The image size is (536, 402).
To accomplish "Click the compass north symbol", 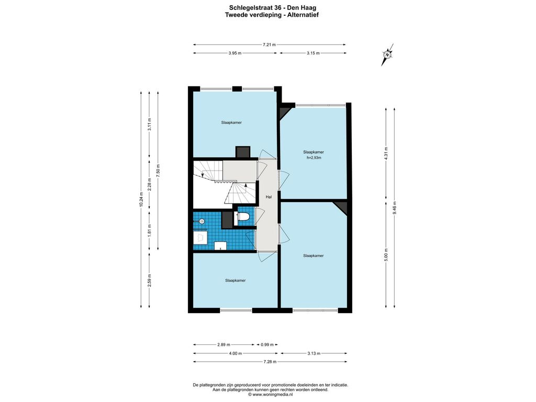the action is click(x=387, y=54).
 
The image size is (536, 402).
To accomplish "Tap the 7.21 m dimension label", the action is click(x=269, y=44).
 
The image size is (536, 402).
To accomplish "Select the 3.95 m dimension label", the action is click(x=235, y=53).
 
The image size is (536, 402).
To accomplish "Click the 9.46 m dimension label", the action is click(x=395, y=207).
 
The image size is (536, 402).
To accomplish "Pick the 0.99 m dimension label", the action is click(x=267, y=344).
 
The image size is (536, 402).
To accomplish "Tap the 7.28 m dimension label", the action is click(x=270, y=362).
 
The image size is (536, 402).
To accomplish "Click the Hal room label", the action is click(x=269, y=197).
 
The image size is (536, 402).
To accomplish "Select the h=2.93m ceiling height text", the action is click(x=314, y=158).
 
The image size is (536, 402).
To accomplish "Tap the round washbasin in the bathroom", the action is click(x=202, y=221).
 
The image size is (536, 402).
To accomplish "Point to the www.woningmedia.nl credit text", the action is click(x=273, y=395).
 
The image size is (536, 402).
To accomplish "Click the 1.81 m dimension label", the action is click(x=149, y=231).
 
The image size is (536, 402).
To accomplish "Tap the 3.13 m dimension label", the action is click(x=314, y=353).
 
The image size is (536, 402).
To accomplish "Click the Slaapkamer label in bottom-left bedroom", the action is click(x=235, y=281).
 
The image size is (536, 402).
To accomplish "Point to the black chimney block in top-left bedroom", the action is click(x=243, y=152).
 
